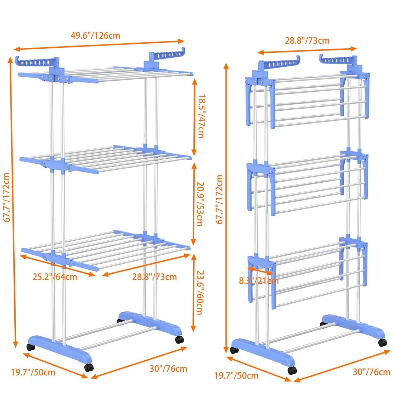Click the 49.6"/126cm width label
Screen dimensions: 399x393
95,35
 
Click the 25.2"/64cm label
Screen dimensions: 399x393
55,276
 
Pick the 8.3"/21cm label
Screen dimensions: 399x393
259,281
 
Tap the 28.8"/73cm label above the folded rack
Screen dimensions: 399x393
307,41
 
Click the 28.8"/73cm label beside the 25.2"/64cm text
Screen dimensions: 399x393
154,276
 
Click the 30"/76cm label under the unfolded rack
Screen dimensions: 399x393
168,369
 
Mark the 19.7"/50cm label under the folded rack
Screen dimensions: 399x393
236,375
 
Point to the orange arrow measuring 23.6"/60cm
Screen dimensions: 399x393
193,292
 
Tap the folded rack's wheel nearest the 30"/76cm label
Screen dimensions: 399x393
382,342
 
